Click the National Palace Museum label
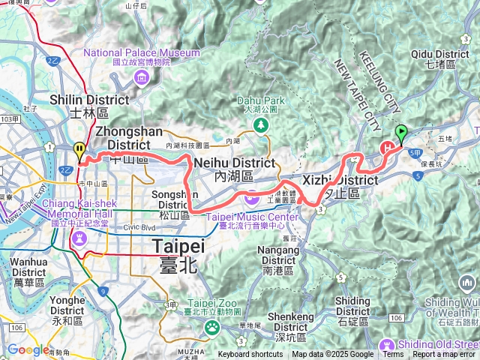142,58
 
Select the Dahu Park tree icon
262,125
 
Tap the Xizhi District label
340,186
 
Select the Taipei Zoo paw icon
213,326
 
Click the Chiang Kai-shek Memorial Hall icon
79,237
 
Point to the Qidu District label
440,59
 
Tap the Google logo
28,349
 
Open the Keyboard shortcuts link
250,355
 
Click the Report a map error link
444,355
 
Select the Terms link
393,355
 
